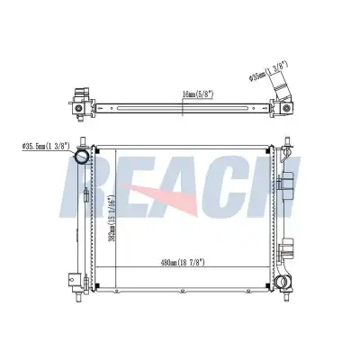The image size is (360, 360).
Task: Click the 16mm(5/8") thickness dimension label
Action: [x=198, y=94]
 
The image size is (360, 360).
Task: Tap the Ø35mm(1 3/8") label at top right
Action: [x=268, y=71]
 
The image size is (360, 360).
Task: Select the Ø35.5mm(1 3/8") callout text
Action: [x=46, y=147]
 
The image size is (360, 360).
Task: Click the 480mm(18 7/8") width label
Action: [x=183, y=263]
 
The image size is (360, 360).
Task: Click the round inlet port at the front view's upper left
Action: [x=82, y=157]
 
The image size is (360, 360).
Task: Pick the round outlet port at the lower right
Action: [x=283, y=281]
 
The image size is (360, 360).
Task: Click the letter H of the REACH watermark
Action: [x=270, y=186]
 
